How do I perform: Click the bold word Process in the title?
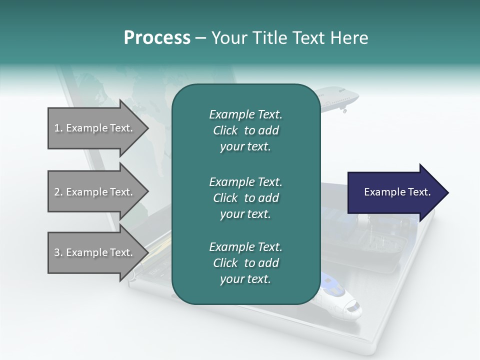pos(157,37)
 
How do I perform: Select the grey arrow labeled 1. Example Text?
pos(95,128)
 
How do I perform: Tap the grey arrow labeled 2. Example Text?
pos(95,192)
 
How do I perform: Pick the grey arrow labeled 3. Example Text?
pos(95,252)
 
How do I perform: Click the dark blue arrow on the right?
pos(395,192)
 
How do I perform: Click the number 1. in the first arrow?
pos(58,128)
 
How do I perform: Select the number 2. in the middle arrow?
pos(58,192)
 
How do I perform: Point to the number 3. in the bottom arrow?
pos(58,252)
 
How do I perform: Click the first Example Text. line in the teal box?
pos(245,114)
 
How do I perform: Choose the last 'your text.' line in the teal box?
pos(245,279)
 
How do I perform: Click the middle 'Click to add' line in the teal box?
pos(245,198)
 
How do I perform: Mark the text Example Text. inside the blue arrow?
pos(397,192)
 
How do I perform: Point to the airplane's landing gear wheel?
pos(344,110)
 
